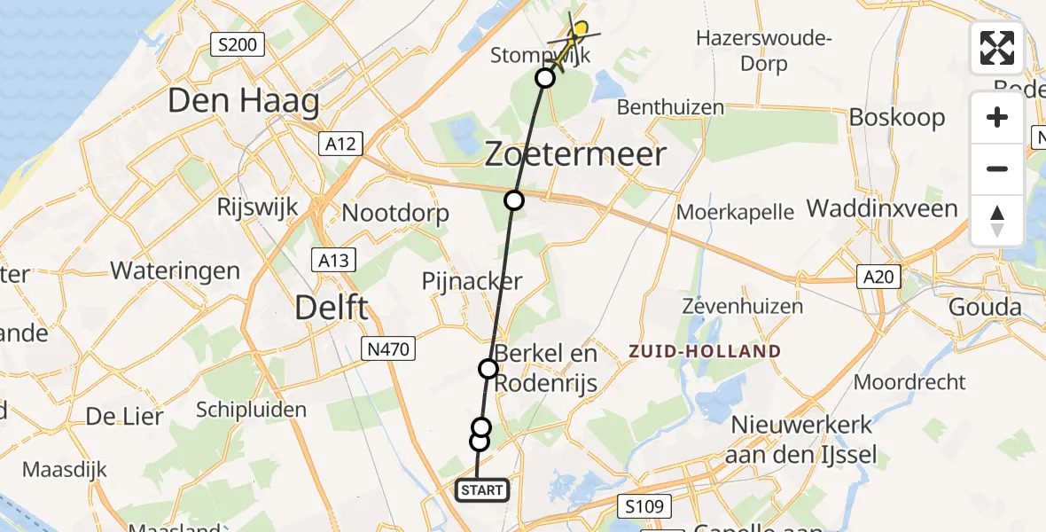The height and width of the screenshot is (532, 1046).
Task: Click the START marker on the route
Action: pyautogui.click(x=482, y=489)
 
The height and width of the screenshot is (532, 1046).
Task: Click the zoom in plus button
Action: pyautogui.click(x=997, y=118)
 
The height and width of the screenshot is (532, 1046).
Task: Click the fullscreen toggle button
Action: pyautogui.click(x=997, y=48)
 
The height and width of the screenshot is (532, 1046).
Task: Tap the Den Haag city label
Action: pyautogui.click(x=243, y=101)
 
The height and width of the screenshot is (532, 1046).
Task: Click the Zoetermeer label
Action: pyautogui.click(x=575, y=154)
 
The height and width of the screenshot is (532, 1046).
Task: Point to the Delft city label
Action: pyautogui.click(x=331, y=309)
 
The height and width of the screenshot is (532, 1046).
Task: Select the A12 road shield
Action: pyautogui.click(x=341, y=143)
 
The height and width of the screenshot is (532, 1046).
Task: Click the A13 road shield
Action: pyautogui.click(x=334, y=260)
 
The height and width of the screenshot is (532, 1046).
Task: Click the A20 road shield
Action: pyautogui.click(x=878, y=278)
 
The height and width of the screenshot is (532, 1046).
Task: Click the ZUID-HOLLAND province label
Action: pyautogui.click(x=705, y=351)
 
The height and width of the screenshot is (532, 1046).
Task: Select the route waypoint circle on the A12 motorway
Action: pyautogui.click(x=514, y=200)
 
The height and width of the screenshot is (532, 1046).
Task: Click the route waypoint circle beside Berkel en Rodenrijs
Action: pyautogui.click(x=488, y=368)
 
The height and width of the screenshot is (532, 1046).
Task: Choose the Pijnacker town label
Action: pyautogui.click(x=471, y=282)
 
